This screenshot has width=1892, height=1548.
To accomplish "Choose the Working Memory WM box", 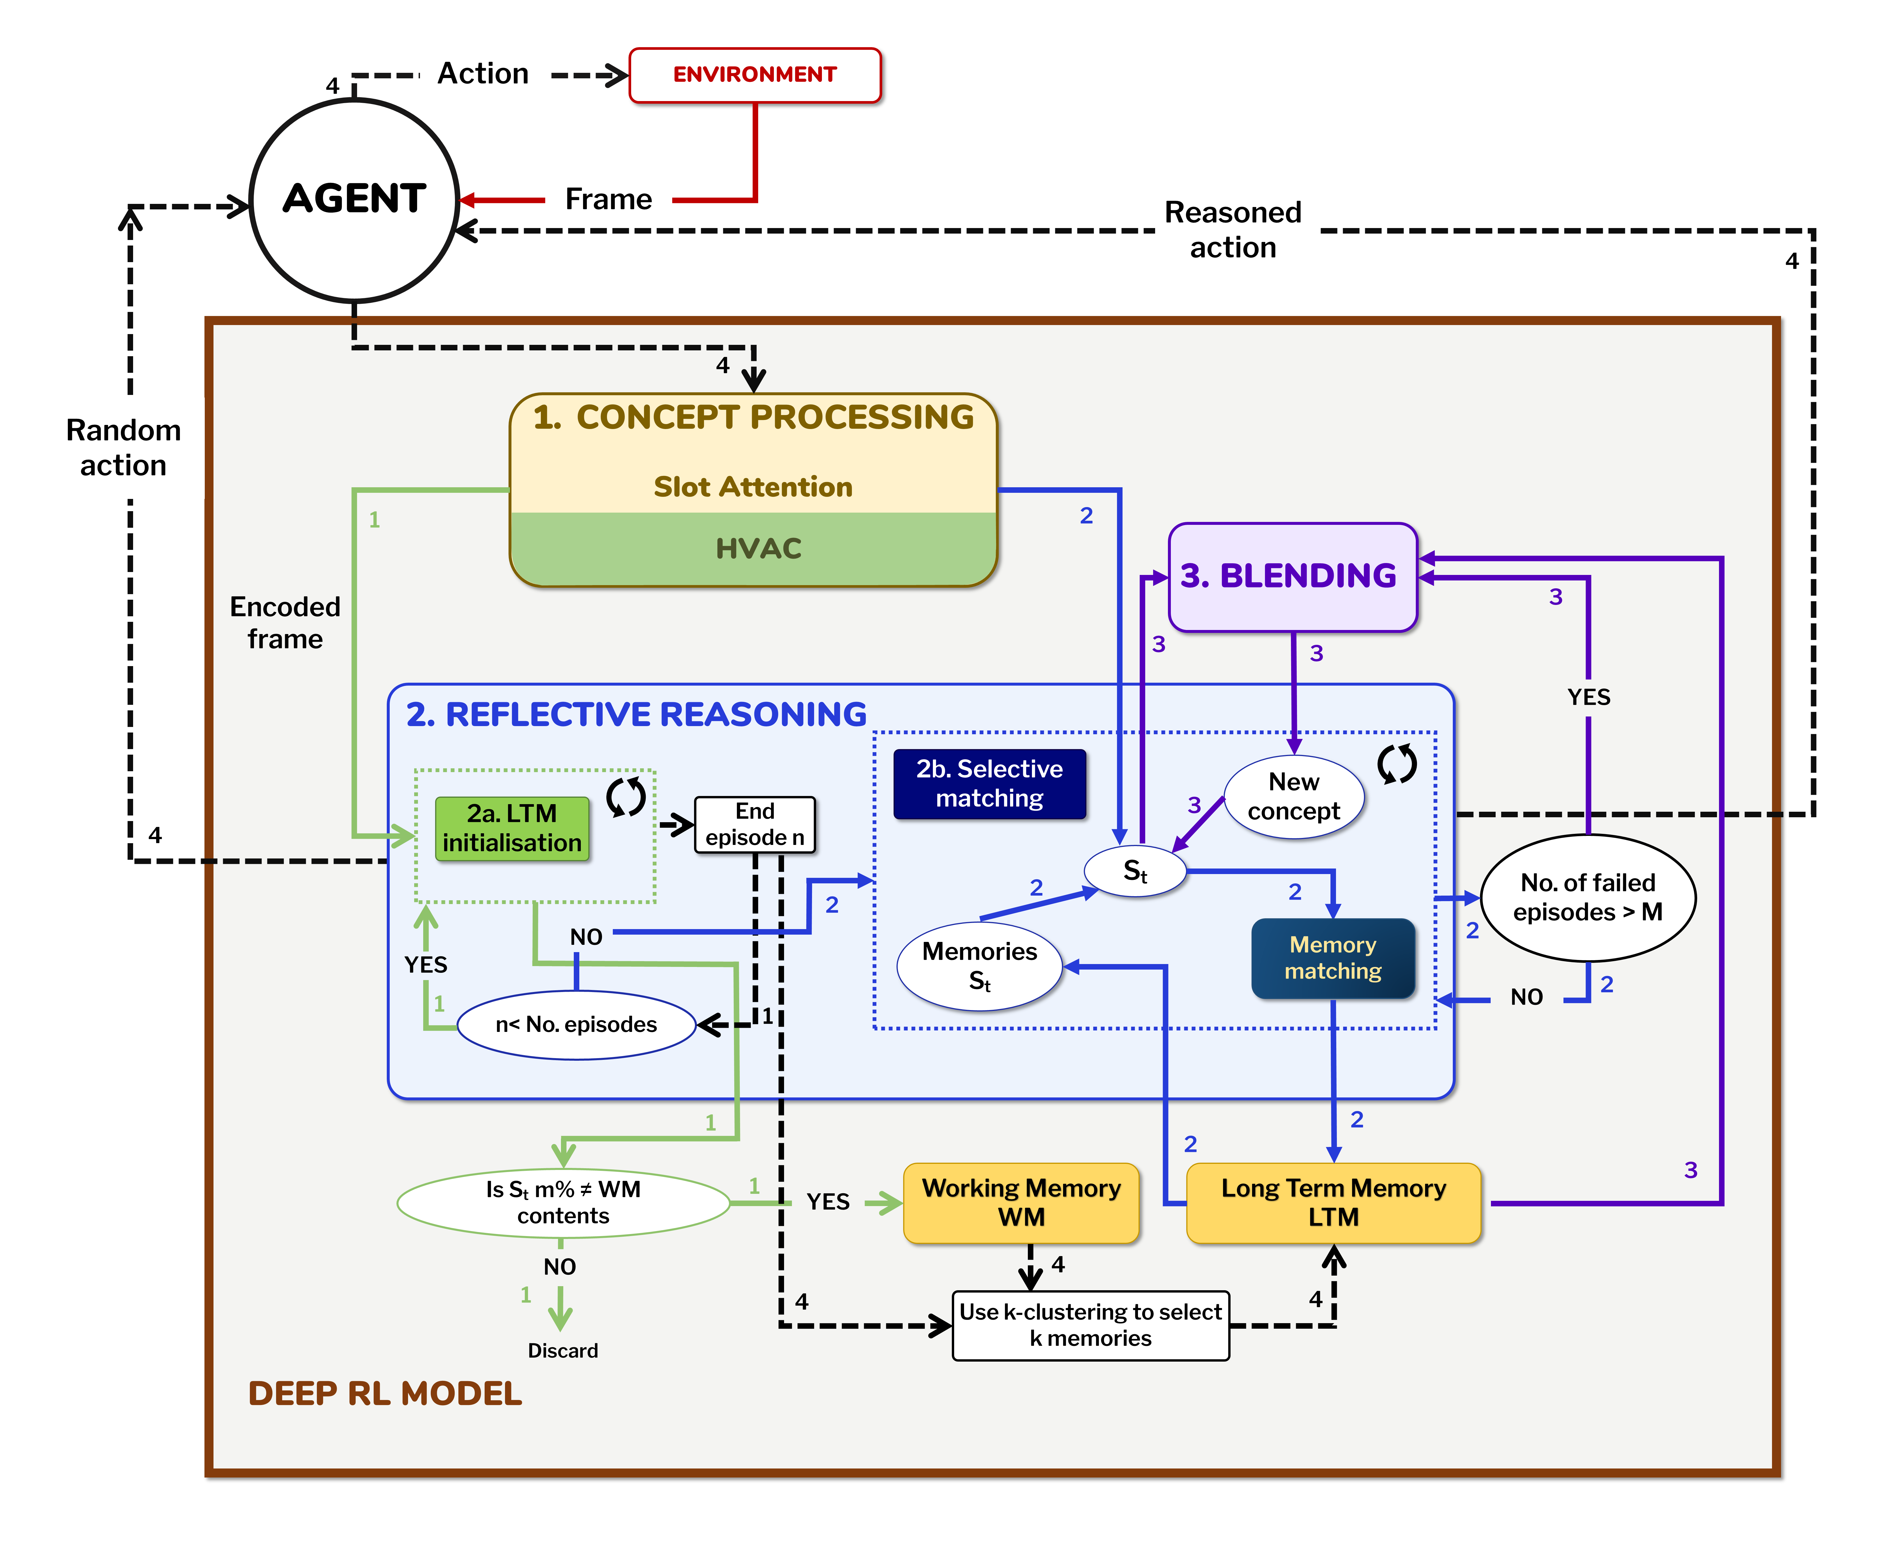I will pos(1021,1203).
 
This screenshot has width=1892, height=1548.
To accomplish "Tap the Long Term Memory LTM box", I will pos(1333,1203).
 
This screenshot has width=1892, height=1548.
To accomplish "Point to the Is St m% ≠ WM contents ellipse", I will pos(564,1203).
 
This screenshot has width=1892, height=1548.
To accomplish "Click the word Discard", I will pos(563,1351).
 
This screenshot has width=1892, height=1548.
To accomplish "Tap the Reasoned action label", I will pos(1233,230).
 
